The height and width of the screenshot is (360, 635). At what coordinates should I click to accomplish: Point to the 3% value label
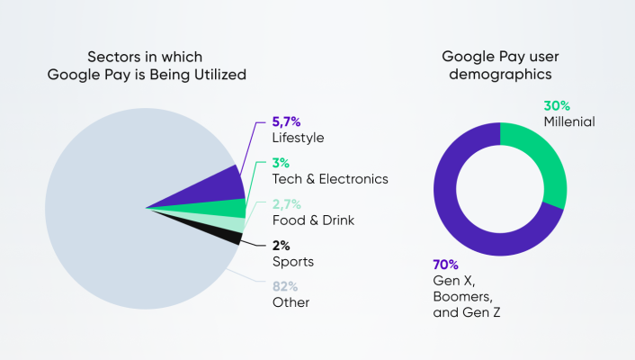(x=282, y=162)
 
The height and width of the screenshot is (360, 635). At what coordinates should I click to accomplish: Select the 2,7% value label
(x=288, y=204)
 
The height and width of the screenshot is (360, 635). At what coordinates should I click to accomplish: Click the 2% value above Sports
(x=282, y=245)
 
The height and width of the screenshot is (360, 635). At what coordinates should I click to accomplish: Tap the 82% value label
(x=286, y=285)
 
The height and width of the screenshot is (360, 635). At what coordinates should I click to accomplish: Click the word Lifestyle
(x=298, y=139)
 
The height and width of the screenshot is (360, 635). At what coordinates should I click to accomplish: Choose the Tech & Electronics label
(x=330, y=179)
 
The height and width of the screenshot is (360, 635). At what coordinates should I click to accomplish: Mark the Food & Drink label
(x=313, y=220)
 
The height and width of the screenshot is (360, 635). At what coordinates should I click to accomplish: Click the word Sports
(x=293, y=262)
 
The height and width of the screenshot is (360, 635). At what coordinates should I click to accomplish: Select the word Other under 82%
(x=291, y=302)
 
